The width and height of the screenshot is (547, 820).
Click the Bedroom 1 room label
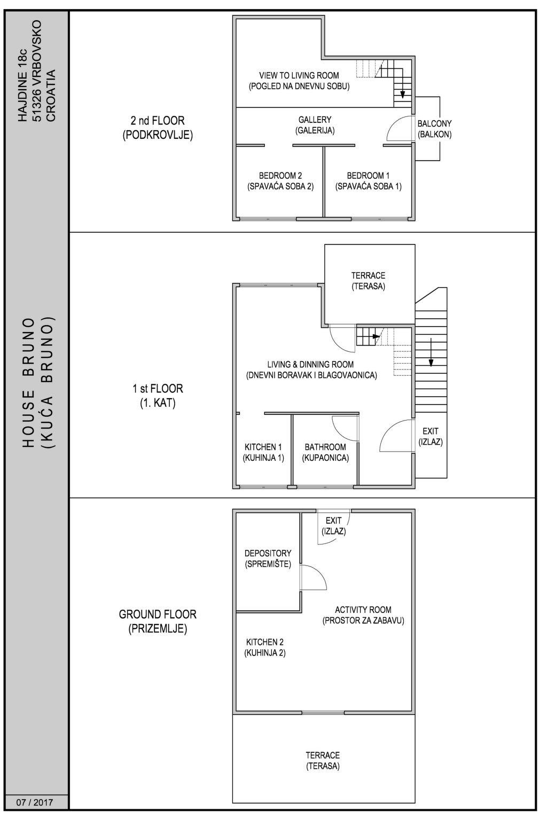pos(368,181)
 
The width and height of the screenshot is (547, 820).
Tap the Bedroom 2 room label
pos(280,181)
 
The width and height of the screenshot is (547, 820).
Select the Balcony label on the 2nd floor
pos(434,129)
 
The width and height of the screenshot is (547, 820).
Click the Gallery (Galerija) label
pos(315,125)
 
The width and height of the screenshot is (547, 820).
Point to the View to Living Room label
pos(299,81)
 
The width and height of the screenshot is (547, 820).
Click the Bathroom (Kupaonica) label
pos(325,452)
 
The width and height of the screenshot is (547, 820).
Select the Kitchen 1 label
pos(263,452)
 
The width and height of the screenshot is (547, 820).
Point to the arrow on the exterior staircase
pos(431,352)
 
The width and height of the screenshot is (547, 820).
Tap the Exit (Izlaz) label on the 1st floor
pos(431,436)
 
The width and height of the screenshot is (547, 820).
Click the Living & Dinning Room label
pos(311,370)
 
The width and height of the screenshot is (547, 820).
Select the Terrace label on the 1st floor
pos(368,281)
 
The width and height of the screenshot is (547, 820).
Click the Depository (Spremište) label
pos(268,558)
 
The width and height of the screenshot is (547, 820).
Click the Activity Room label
pos(363,615)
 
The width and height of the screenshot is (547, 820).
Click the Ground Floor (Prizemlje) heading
pos(158,621)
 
